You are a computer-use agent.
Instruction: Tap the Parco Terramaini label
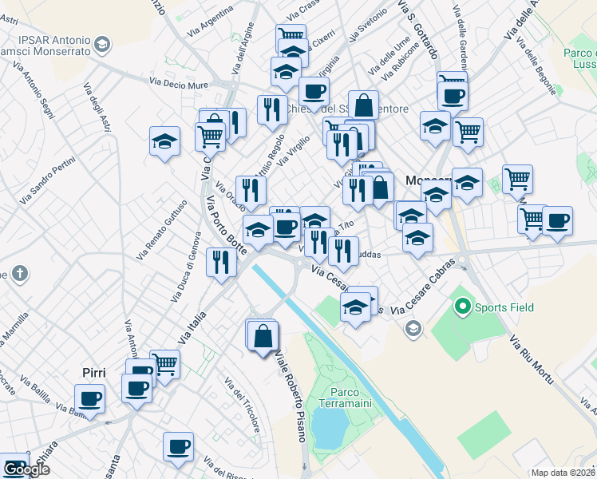(x=351, y=399)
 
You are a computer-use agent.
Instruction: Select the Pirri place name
(x=94, y=373)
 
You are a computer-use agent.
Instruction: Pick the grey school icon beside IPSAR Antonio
(x=102, y=44)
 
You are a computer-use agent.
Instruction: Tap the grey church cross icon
(x=20, y=274)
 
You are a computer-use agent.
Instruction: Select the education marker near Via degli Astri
(x=164, y=141)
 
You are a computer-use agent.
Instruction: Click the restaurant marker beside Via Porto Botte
(x=220, y=262)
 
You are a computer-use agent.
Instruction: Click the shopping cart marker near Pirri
(x=165, y=364)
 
